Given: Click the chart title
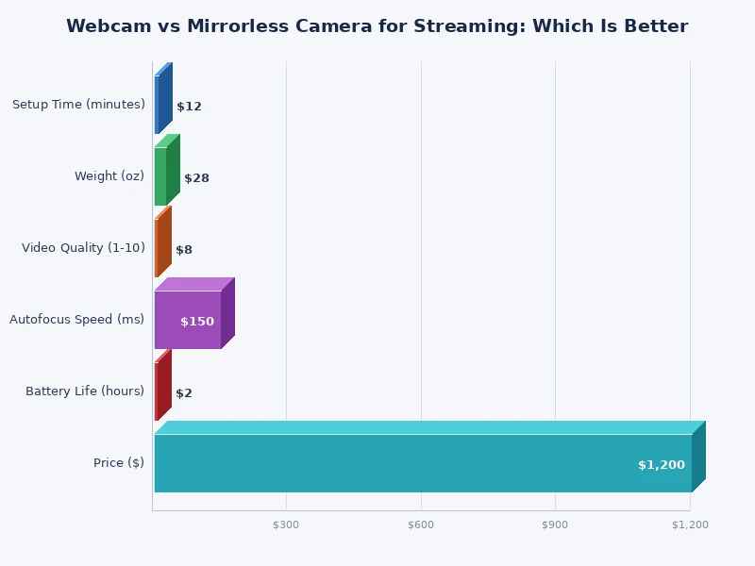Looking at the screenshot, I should (377, 26).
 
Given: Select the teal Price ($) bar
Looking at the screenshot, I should (422, 463).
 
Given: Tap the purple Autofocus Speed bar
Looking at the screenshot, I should (187, 320).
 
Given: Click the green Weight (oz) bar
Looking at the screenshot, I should (160, 176).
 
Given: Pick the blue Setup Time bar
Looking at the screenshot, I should (158, 105).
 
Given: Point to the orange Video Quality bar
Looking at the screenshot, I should (157, 248).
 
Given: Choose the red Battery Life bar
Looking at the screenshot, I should (157, 391).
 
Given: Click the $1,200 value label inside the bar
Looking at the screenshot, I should (661, 465).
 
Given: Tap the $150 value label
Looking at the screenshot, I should (197, 322).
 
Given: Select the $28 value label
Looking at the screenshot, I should (196, 178).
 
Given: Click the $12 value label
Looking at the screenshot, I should (189, 107).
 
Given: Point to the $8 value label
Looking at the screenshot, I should (184, 250).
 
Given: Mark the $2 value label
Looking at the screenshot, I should (184, 393).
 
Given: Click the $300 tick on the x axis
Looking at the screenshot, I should (286, 524).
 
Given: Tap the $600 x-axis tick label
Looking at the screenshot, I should (421, 524).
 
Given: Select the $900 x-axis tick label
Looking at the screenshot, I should (555, 524).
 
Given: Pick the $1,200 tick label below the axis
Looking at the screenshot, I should (690, 524).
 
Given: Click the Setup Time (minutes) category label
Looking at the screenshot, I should (78, 105).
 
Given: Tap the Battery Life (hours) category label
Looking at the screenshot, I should (85, 391).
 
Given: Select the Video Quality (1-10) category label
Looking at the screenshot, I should (83, 248).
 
